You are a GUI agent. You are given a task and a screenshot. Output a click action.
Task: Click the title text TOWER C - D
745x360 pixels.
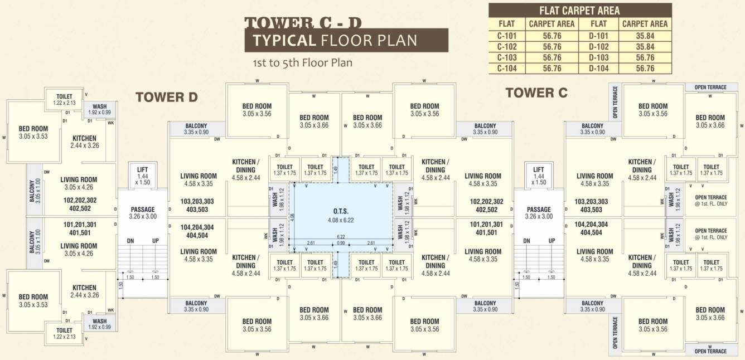(303, 22)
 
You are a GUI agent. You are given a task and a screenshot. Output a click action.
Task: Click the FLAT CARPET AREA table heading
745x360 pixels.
(579, 11)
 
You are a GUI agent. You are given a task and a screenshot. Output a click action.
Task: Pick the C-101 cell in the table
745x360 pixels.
(506, 36)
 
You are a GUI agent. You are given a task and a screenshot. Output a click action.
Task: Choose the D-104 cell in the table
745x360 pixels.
(598, 69)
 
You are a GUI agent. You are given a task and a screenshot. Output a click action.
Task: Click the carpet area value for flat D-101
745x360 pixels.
(645, 36)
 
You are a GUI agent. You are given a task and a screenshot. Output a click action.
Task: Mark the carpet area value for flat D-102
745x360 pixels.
(645, 47)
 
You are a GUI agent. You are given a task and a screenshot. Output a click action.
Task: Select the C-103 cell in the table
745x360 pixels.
(506, 57)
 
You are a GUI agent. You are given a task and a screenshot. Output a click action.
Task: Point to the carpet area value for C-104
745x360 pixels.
(552, 69)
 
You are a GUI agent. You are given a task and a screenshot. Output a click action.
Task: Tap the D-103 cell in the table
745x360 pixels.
(598, 57)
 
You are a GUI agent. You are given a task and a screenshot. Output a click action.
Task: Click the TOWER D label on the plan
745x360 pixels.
(166, 98)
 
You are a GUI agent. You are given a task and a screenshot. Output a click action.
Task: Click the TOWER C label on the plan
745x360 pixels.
(536, 93)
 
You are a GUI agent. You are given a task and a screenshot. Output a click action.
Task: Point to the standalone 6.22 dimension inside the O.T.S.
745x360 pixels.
(340, 237)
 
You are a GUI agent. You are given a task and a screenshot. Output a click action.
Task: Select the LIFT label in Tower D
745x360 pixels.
(143, 170)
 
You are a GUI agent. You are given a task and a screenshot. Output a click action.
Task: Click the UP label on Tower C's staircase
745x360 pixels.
(552, 241)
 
